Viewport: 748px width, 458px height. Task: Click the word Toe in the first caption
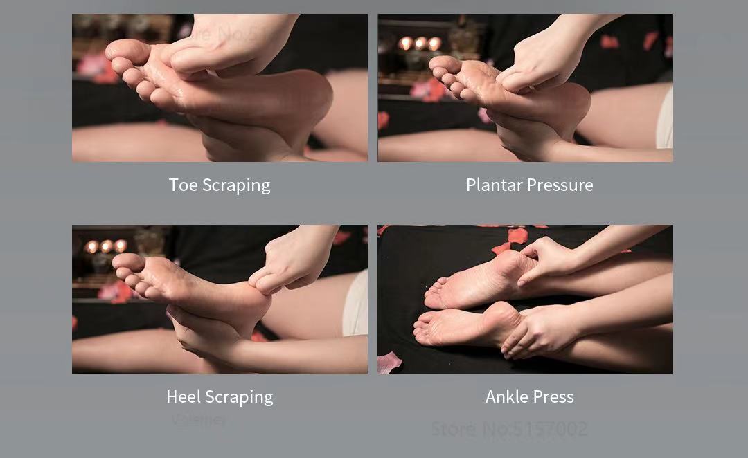click(x=183, y=185)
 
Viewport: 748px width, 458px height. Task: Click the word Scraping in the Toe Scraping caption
click(x=236, y=185)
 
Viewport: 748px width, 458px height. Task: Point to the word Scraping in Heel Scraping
click(x=239, y=397)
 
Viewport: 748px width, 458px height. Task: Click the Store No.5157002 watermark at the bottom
click(x=509, y=429)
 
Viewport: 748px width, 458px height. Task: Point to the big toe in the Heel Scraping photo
click(x=128, y=261)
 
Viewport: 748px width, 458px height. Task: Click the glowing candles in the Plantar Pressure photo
click(x=420, y=44)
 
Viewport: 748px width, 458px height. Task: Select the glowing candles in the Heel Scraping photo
click(x=106, y=246)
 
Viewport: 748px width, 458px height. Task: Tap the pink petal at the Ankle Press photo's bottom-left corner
click(x=389, y=362)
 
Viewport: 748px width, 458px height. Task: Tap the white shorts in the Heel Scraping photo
click(x=356, y=304)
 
